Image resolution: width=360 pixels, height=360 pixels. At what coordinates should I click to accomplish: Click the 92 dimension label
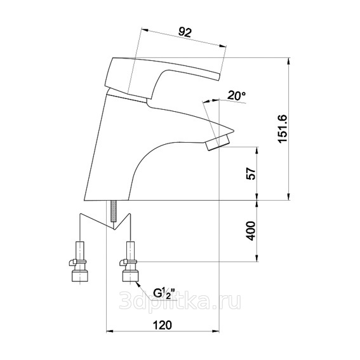[185, 32]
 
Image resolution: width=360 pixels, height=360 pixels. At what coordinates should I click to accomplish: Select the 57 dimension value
[251, 173]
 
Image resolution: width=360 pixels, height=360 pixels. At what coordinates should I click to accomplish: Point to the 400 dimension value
[251, 231]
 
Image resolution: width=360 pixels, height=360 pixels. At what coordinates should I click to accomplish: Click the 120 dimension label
[163, 325]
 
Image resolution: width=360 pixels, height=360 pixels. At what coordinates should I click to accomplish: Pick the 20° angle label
[237, 95]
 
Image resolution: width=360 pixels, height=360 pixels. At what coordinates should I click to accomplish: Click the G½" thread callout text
[164, 293]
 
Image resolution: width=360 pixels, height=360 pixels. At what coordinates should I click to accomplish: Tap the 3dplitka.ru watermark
[180, 300]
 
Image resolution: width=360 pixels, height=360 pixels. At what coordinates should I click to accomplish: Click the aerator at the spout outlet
[217, 143]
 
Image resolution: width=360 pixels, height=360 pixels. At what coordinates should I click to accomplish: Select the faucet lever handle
[161, 76]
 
